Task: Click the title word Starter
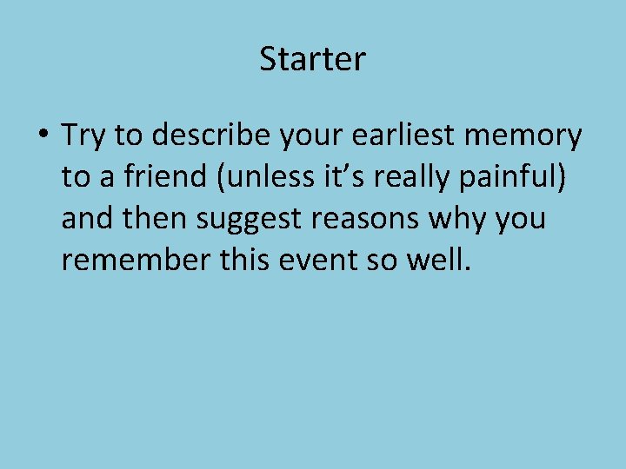point(313,60)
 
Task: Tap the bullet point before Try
point(43,136)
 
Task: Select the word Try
point(83,136)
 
